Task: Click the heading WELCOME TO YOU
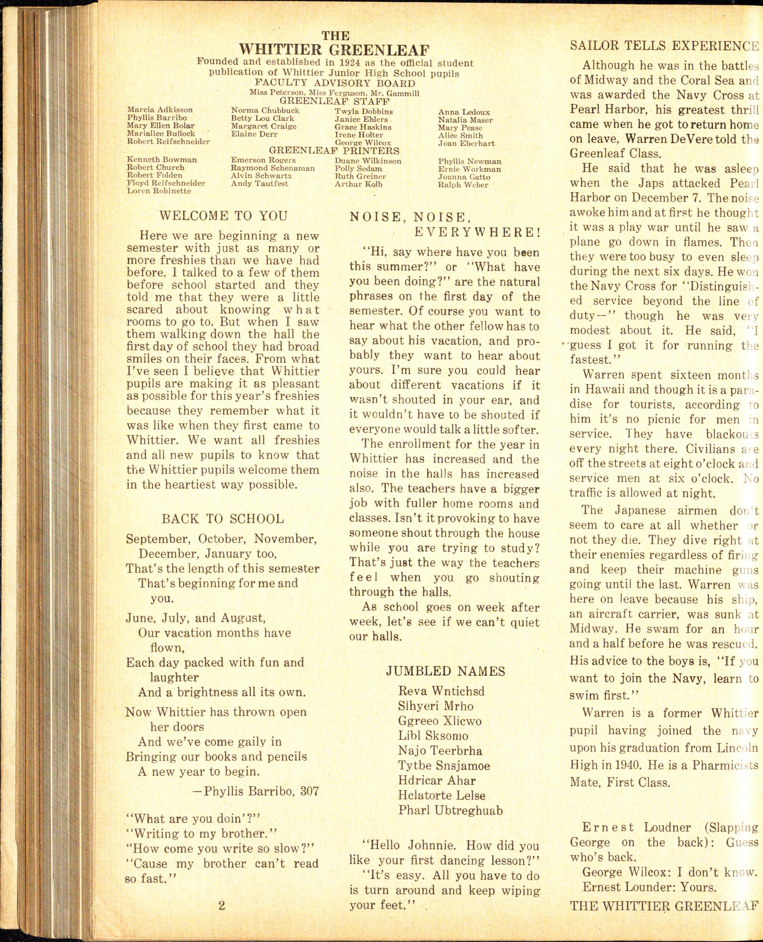223,216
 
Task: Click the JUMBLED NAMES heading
445,671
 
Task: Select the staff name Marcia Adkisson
160,110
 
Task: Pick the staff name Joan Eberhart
466,143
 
